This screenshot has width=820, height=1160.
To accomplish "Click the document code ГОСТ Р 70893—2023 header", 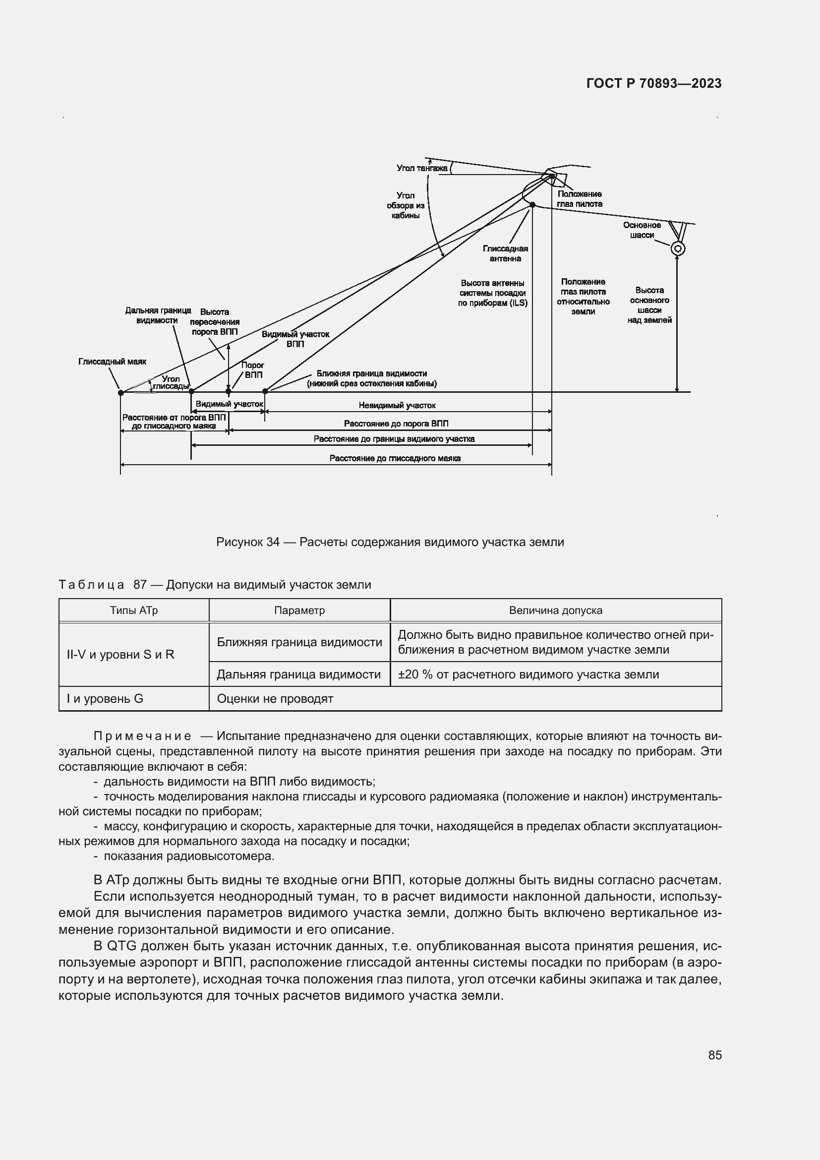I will coord(654,83).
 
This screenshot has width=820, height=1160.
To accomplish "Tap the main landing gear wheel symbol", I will coord(678,248).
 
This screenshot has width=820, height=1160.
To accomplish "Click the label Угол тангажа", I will coord(421,168).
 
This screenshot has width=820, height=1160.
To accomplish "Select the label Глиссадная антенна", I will coord(505,253).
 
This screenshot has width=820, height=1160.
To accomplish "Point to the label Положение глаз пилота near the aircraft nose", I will coord(579,199).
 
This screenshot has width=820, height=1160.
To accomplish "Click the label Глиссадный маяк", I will coord(112,362).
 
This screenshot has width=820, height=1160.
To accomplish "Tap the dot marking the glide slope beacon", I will coord(120,393).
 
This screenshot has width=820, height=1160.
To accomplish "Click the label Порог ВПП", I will coord(253,370).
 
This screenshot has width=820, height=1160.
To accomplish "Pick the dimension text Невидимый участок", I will coord(397,405).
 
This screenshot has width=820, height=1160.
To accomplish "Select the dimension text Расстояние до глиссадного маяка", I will coord(395,458).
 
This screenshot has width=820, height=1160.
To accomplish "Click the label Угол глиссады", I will coord(171,382).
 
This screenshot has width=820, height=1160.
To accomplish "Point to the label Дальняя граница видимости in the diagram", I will coord(158,315).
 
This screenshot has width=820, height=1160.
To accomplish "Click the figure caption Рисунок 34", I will coord(390,542).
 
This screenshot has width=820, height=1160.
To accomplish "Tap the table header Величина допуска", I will coord(555,611).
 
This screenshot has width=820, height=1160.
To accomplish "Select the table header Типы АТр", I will coord(134,611).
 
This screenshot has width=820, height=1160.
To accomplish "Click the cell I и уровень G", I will coord(105,699).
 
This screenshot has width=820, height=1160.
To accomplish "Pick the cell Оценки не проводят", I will coord(275,699).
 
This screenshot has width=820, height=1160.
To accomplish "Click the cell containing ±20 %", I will coord(528,674).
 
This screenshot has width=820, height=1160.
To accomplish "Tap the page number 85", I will coord(714,1055).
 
